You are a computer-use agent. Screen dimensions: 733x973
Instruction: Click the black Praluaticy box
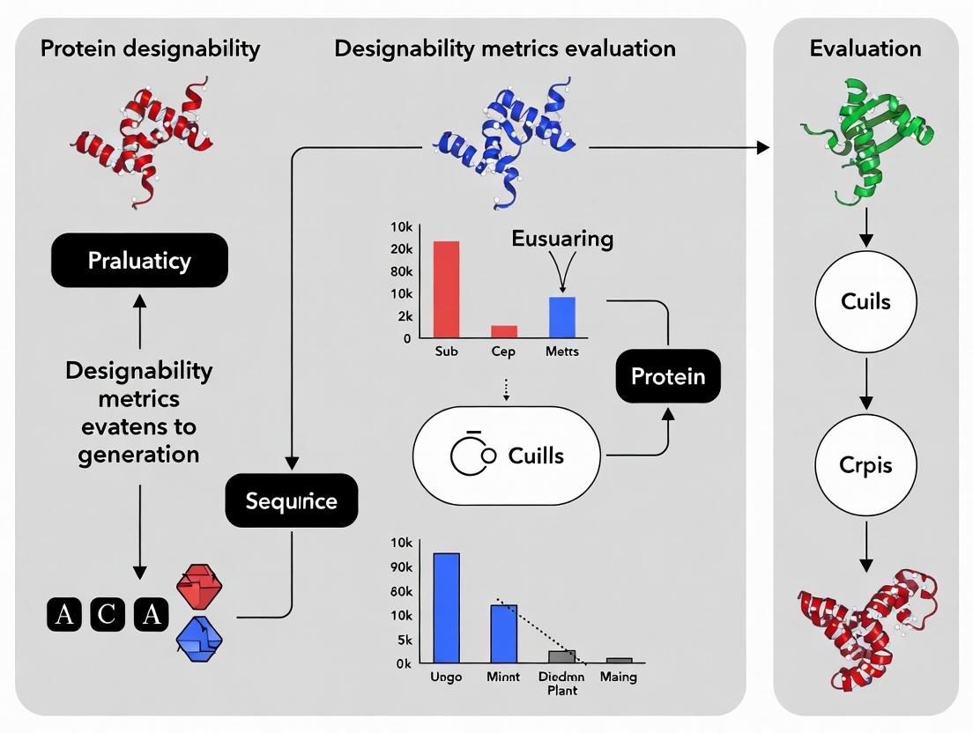[139, 261]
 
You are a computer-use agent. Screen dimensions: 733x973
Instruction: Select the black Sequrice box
[291, 501]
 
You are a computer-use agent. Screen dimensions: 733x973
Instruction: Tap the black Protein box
[667, 377]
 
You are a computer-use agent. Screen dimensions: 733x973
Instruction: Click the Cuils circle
[865, 302]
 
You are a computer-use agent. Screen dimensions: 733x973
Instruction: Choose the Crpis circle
[865, 465]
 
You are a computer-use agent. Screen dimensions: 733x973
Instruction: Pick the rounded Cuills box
[506, 455]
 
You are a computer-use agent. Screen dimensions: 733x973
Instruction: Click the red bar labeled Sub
[446, 289]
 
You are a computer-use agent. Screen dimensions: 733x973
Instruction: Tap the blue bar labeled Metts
[562, 317]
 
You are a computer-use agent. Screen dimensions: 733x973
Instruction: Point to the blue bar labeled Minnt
[504, 633]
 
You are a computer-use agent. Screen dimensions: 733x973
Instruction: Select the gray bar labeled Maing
[619, 660]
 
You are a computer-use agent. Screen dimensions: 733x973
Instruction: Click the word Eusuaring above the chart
[562, 239]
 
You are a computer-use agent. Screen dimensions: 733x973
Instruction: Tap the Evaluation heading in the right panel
[865, 48]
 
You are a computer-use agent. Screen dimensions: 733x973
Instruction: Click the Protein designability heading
[150, 48]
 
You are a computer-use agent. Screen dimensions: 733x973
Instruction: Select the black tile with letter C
[108, 613]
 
